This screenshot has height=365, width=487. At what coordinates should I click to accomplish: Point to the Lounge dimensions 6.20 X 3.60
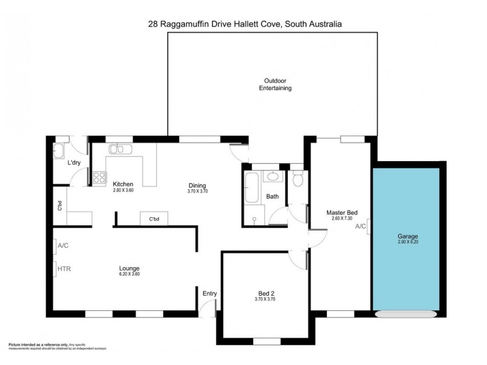click(129, 274)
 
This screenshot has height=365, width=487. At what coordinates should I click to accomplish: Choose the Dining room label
click(197, 186)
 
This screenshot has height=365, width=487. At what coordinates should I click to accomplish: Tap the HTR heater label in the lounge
click(65, 268)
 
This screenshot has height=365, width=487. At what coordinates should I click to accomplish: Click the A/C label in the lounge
click(64, 246)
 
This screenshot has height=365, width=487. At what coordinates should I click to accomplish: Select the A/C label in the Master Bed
click(360, 226)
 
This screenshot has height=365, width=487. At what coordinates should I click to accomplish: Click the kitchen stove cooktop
click(99, 178)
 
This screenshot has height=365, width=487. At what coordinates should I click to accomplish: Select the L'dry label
click(74, 162)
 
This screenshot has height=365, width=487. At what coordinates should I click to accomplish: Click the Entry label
click(209, 294)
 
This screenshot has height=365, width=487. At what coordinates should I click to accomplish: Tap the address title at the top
click(244, 24)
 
